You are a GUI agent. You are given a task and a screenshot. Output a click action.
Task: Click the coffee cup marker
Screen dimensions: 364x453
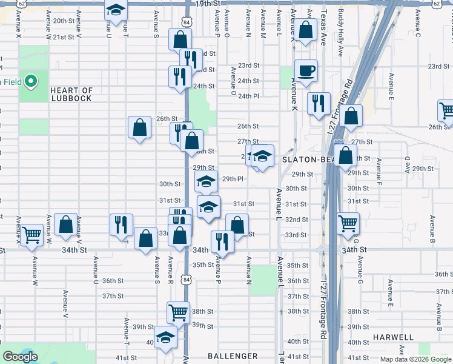point(306,70)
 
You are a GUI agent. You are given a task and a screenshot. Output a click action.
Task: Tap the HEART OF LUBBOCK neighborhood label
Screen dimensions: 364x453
point(71,94)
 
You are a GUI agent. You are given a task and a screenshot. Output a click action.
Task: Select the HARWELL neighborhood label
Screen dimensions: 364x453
point(393,337)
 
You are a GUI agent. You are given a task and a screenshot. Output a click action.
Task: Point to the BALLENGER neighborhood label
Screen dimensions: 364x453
point(233,356)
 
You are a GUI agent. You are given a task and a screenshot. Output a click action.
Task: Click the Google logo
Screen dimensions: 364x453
point(20,357)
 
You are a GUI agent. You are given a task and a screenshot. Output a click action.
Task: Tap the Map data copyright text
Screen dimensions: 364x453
point(415,359)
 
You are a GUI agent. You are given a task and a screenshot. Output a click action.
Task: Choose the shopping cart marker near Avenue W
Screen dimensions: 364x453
point(31,234)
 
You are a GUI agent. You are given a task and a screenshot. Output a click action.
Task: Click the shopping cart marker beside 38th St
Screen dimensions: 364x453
point(179,312)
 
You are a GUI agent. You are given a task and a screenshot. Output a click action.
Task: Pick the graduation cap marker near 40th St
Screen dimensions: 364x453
point(165,337)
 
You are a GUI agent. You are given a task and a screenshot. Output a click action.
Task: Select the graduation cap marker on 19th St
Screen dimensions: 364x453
point(115,11)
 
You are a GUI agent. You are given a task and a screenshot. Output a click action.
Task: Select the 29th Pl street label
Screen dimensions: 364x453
point(233,179)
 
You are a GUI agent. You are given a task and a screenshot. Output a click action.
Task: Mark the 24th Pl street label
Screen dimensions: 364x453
point(248,96)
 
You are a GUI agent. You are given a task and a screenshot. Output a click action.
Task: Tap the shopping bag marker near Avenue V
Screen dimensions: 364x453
point(65,224)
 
